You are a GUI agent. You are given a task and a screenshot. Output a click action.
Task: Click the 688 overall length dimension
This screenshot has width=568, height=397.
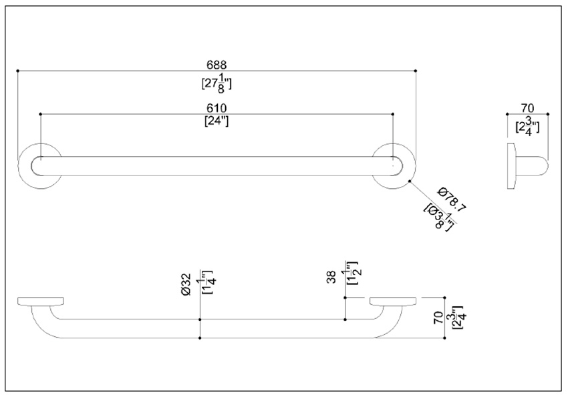click(x=217, y=65)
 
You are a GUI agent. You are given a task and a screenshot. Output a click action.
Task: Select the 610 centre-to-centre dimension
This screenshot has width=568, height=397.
click(x=217, y=108)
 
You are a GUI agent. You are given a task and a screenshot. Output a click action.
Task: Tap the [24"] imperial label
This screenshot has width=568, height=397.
click(x=217, y=121)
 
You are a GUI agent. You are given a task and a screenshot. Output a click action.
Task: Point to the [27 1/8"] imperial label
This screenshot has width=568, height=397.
click(x=217, y=83)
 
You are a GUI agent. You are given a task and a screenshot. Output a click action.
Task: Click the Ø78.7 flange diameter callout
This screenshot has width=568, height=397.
click(x=452, y=200)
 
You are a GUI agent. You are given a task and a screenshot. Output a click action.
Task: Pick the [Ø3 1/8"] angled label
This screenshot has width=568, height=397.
click(x=440, y=217)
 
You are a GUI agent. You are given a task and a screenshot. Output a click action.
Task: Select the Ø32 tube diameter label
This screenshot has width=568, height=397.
click(x=186, y=284)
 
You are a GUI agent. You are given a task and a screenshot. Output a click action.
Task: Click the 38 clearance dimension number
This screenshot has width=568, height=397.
click(x=332, y=277)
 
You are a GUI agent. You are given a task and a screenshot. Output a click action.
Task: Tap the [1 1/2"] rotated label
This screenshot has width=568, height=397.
click(x=351, y=273)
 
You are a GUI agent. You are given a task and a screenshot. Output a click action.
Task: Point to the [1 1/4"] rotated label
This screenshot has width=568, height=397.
click(x=206, y=282)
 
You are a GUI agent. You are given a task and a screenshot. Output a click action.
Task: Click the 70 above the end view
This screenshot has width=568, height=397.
click(x=527, y=108)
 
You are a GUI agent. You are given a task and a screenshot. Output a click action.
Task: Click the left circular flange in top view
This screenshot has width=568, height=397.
click(x=39, y=166)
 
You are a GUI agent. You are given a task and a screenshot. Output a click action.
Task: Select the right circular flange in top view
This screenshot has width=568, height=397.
click(x=394, y=166)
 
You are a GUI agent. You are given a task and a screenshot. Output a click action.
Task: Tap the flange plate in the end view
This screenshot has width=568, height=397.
click(x=511, y=166)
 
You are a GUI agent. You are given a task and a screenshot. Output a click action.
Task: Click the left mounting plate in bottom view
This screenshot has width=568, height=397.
click(x=41, y=301)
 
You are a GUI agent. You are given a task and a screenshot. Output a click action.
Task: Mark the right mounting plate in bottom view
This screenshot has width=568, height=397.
click(x=393, y=301)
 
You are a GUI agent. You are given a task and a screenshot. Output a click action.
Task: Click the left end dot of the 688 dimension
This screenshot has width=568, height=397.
click(x=17, y=71)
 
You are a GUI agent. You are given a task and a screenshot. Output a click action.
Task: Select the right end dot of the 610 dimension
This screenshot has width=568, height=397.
click(x=393, y=114)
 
